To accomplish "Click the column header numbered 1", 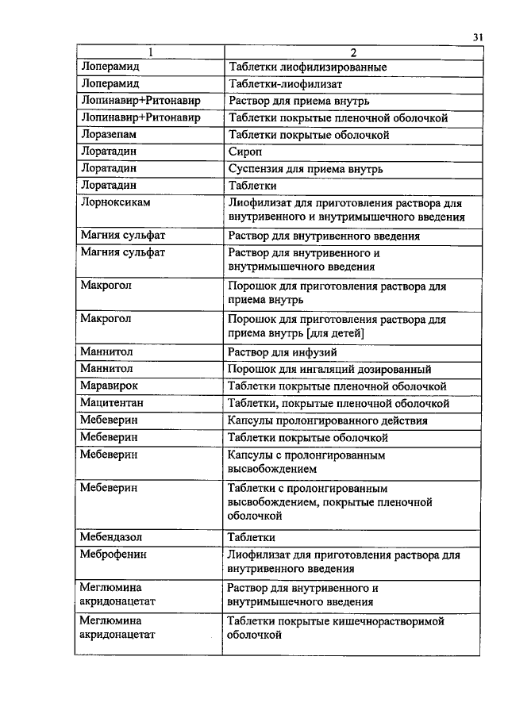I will [x=148, y=52].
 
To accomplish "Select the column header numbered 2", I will [x=352, y=52].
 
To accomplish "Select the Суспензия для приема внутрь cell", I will [x=306, y=168].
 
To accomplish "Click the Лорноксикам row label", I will [x=116, y=202].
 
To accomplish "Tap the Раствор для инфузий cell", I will [x=283, y=352].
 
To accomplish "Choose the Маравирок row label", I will [x=110, y=386].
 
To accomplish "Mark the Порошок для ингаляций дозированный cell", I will [x=329, y=369].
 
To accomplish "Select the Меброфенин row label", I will [x=114, y=554].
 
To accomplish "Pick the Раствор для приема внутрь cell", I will [x=298, y=102].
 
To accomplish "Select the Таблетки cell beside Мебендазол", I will [x=252, y=536].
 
